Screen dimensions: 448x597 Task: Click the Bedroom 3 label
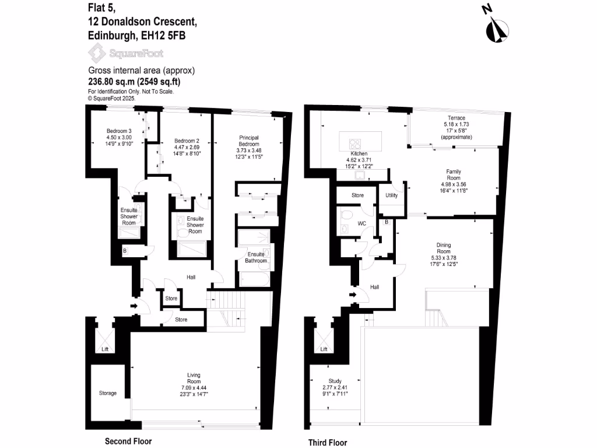pos(119,131)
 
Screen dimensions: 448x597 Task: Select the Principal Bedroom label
pos(252,141)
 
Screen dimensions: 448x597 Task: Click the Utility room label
pos(391,195)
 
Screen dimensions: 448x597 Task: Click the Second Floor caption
pos(128,442)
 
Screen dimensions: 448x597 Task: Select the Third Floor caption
pos(327,442)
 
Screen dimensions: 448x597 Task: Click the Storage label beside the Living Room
pos(108,393)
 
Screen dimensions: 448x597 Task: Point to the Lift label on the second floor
pos(105,349)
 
